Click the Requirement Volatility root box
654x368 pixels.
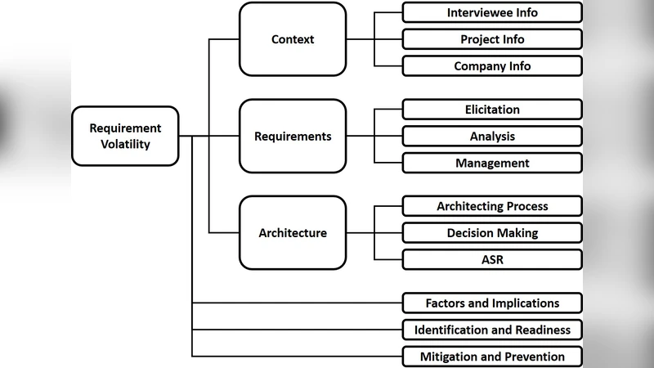pyautogui.click(x=125, y=137)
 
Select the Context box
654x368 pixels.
pyautogui.click(x=293, y=39)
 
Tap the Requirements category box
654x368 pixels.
pyautogui.click(x=293, y=137)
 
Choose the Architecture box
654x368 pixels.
pyautogui.click(x=293, y=233)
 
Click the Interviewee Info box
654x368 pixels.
pyautogui.click(x=492, y=12)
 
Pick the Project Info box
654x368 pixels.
pyautogui.click(x=492, y=39)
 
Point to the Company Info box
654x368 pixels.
pyautogui.click(x=492, y=66)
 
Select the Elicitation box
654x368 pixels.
pyautogui.click(x=492, y=110)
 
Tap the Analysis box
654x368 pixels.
pyautogui.click(x=492, y=137)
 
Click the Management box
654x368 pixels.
pyautogui.click(x=492, y=164)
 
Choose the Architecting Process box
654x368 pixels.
pyautogui.click(x=492, y=206)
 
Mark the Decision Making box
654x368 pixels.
pyautogui.click(x=492, y=233)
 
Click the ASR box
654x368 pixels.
pyautogui.click(x=492, y=260)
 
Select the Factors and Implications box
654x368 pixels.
pyautogui.click(x=492, y=303)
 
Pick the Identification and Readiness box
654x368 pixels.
pyautogui.click(x=492, y=330)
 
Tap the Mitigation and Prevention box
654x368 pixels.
pyautogui.click(x=492, y=357)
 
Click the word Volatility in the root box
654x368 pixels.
pyautogui.click(x=125, y=145)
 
